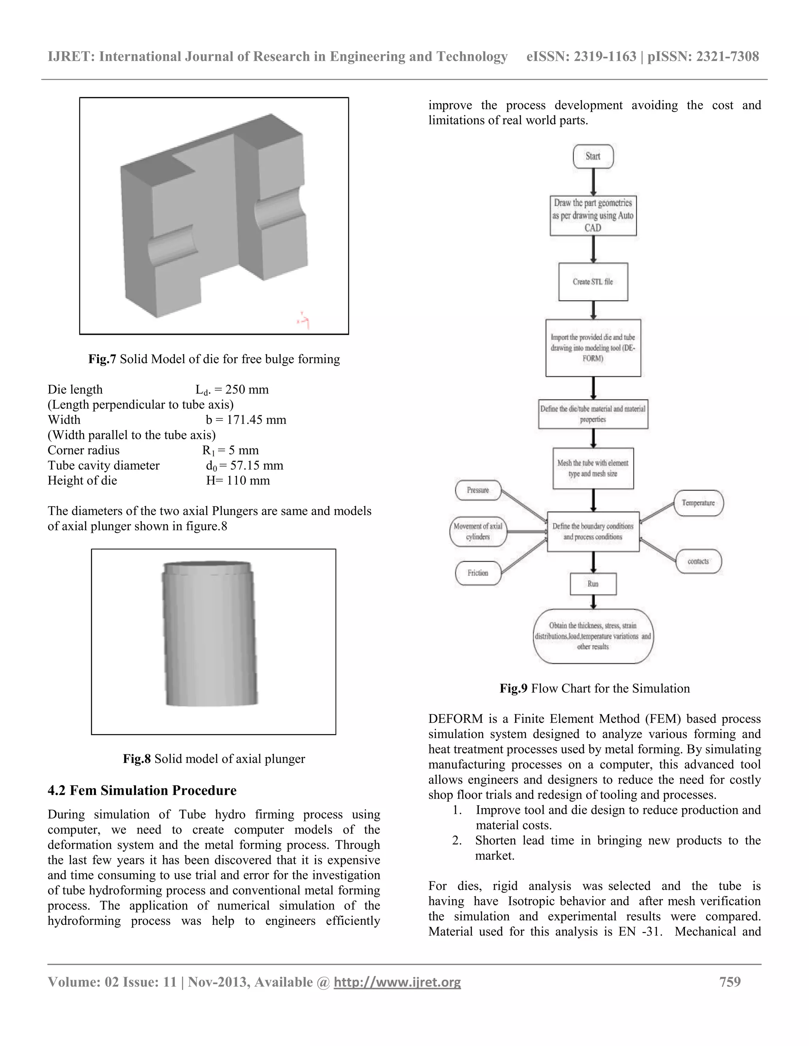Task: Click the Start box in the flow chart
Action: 593,156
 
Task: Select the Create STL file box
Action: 593,281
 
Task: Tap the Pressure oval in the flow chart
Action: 478,490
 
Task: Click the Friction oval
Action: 478,573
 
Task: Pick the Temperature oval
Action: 698,503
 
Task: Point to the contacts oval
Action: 698,561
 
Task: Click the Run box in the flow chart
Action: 593,584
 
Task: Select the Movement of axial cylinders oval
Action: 478,531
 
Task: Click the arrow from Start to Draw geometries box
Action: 593,182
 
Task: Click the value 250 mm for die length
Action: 247,389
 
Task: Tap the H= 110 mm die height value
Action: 238,480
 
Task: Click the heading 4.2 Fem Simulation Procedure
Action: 142,791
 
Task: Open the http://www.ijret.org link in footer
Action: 397,982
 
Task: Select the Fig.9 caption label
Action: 513,689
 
